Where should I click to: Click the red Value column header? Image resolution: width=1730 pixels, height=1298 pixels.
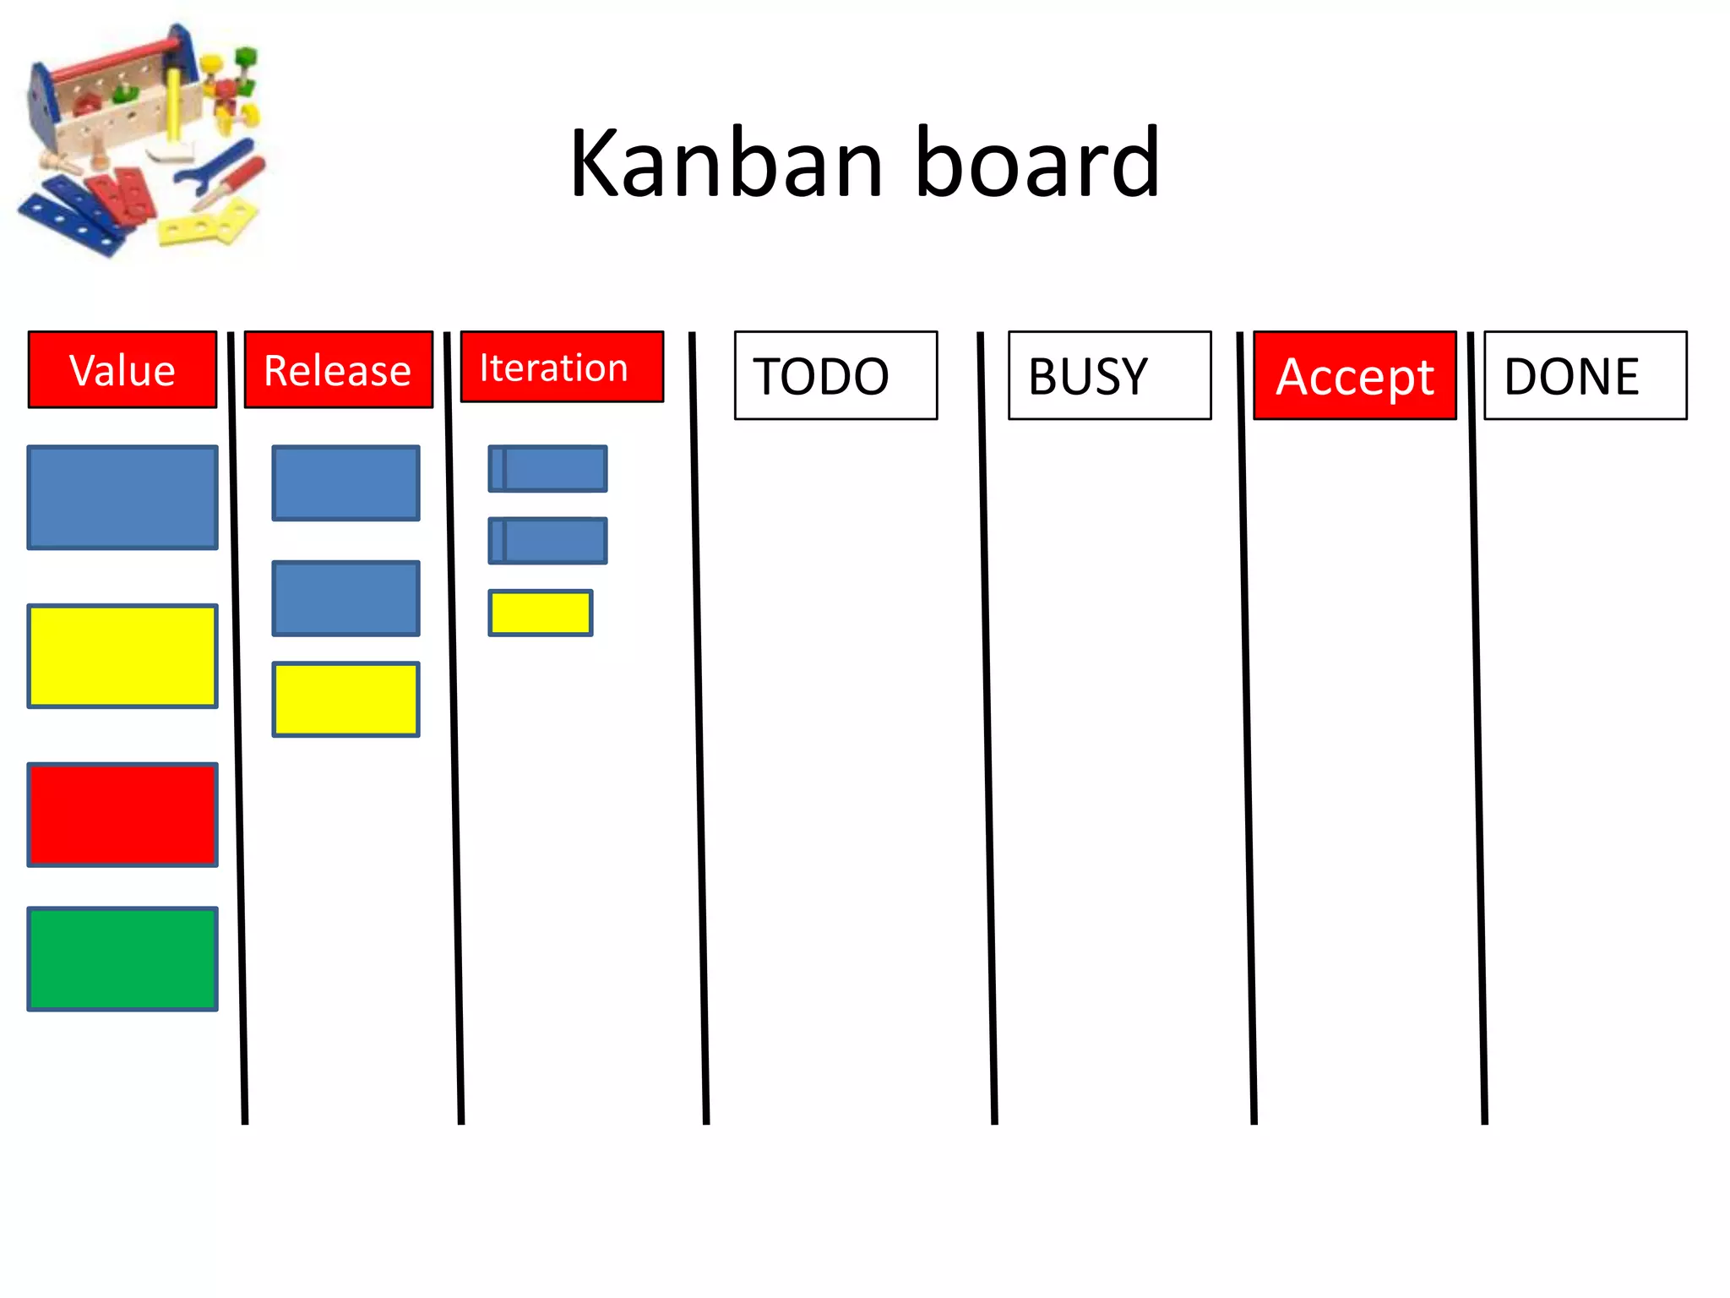122,370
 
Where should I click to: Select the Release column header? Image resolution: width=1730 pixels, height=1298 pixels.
338,370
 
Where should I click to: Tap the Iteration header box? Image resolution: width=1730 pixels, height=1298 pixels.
562,367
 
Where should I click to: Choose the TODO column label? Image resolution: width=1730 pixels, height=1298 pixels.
835,375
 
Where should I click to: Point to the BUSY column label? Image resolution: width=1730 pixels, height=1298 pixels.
1109,375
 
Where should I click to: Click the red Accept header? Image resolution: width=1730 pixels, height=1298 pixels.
1355,375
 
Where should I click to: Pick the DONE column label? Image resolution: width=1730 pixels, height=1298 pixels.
1585,375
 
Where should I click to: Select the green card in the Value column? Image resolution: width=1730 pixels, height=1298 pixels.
122,959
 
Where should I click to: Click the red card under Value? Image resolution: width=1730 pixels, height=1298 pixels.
122,815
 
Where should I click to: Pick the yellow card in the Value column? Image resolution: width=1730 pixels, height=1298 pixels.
122,656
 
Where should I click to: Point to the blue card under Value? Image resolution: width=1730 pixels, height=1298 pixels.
122,498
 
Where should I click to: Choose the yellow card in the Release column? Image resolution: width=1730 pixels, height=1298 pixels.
345,700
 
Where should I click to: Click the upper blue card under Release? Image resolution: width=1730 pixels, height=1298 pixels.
345,483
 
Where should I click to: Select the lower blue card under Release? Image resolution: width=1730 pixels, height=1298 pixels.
345,598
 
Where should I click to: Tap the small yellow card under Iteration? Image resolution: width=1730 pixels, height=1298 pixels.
541,613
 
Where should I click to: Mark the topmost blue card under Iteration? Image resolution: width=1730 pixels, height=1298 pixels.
548,468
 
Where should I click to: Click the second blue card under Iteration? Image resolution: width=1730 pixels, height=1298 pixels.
548,541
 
